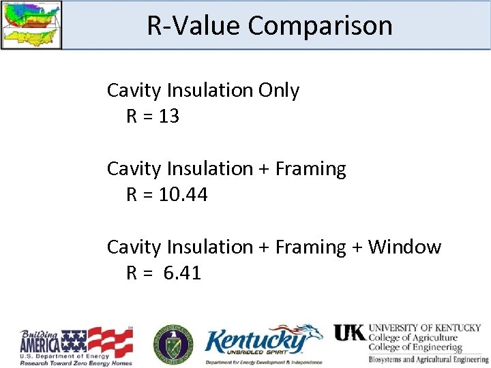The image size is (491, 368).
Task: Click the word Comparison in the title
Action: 320,26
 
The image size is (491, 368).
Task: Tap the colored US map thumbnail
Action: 31,25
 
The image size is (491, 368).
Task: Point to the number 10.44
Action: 183,195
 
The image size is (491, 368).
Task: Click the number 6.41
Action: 182,273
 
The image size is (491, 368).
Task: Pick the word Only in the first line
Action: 279,91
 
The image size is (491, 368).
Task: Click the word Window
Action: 404,247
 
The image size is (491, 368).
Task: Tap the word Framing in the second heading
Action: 310,168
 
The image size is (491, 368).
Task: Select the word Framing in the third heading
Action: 310,247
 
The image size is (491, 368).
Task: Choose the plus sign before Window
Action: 357,247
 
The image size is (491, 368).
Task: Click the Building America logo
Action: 75,346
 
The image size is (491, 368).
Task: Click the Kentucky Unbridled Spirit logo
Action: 263,345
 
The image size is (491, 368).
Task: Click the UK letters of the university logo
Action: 349,333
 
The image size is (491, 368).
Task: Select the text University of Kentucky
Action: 424,328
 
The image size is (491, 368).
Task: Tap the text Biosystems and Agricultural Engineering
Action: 428,359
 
